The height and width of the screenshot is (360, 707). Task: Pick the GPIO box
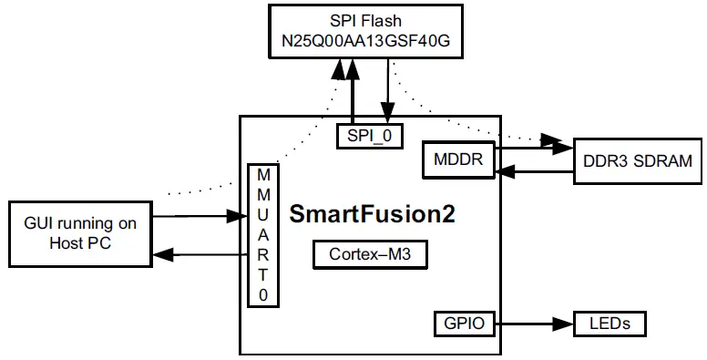[x=464, y=323]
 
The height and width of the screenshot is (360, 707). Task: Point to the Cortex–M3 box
[x=370, y=253]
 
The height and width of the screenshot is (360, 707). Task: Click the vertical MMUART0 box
[x=263, y=234]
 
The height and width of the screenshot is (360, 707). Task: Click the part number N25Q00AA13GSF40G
[x=364, y=42]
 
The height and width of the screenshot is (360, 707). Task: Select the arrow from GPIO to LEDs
[x=533, y=323]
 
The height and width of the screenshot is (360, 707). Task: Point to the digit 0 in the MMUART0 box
[x=263, y=295]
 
